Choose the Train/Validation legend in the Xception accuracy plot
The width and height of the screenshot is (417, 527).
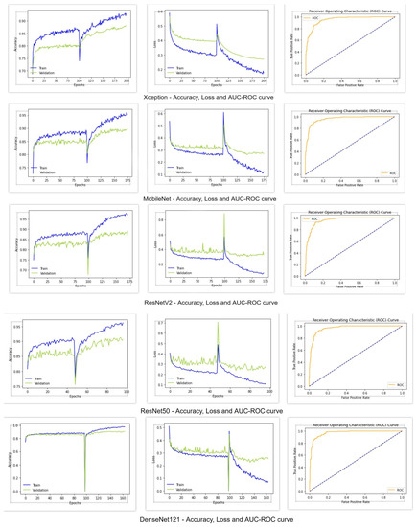41,70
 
